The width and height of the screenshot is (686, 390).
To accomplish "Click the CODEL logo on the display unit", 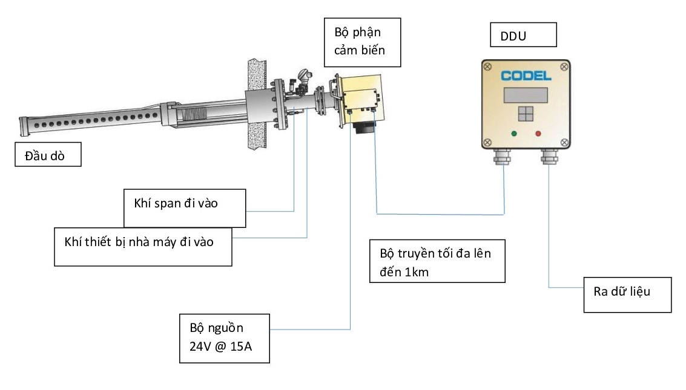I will pyautogui.click(x=526, y=76).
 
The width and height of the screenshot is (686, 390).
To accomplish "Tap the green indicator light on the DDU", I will pyautogui.click(x=514, y=133).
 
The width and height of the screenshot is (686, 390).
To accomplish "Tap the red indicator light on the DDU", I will pyautogui.click(x=538, y=133).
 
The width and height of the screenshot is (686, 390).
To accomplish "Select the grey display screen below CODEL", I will pyautogui.click(x=526, y=95).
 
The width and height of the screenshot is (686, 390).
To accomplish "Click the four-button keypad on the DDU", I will pyautogui.click(x=526, y=115).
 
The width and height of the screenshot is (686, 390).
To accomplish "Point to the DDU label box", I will pyautogui.click(x=523, y=36).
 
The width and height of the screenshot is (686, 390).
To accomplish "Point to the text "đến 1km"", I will pyautogui.click(x=404, y=271).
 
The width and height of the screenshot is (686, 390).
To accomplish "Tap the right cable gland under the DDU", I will pyautogui.click(x=549, y=157).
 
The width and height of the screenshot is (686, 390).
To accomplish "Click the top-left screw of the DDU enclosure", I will pyautogui.click(x=487, y=67).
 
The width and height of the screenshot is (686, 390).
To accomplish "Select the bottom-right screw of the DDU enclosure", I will pyautogui.click(x=564, y=143).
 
